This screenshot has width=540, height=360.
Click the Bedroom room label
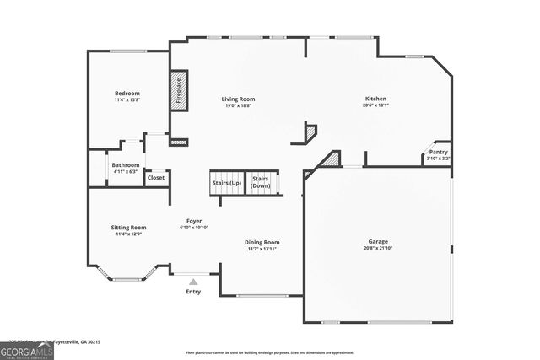(x=127, y=93)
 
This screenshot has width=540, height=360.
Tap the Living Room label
(x=238, y=99)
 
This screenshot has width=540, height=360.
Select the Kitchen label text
(x=375, y=99)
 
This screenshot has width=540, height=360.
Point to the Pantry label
(x=438, y=152)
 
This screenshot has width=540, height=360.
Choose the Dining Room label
(x=262, y=242)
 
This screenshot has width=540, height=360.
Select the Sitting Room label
(x=128, y=227)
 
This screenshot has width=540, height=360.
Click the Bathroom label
(x=126, y=164)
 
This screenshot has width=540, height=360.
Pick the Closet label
(x=156, y=177)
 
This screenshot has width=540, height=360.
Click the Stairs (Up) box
(x=226, y=182)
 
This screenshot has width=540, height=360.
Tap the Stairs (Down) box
(x=261, y=182)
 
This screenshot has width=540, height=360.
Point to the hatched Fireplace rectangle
(x=178, y=89)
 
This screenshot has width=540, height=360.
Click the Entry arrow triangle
(x=193, y=282)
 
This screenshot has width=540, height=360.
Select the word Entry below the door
(x=193, y=292)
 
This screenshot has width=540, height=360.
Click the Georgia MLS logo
(x=27, y=348)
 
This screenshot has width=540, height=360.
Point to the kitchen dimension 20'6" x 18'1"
(x=375, y=105)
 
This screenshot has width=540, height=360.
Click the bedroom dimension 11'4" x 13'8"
(x=127, y=99)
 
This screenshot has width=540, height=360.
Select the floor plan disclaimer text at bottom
(x=270, y=352)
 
